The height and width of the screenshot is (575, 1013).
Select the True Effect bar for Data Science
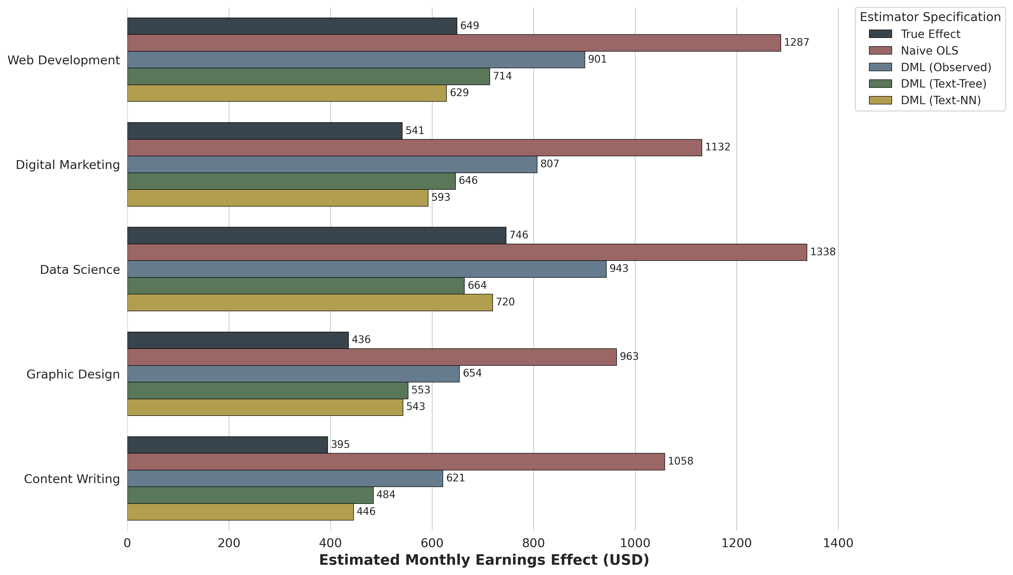point(317,235)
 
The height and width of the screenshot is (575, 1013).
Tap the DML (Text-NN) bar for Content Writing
point(240,512)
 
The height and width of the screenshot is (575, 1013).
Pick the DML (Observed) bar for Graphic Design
point(293,374)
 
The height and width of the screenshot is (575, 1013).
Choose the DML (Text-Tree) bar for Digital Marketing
point(291,181)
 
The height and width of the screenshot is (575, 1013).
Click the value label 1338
point(823,252)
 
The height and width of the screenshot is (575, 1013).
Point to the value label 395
point(340,445)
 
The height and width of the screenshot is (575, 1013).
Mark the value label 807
point(550,164)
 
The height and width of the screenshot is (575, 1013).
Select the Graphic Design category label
point(73,374)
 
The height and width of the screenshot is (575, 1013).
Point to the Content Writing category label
point(72,479)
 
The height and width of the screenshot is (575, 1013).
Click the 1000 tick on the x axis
point(635,543)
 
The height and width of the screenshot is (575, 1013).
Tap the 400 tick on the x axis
point(330,543)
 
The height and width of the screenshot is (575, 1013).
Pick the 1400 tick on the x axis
point(838,543)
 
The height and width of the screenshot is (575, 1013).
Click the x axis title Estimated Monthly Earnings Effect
point(484,560)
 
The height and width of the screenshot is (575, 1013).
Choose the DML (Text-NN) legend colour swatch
point(880,100)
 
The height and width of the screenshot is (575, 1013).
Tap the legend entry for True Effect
point(930,34)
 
